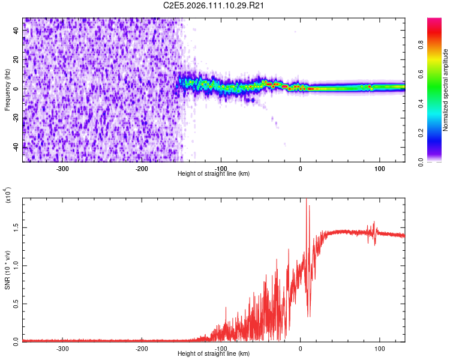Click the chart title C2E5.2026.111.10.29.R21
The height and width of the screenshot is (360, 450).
click(x=214, y=5)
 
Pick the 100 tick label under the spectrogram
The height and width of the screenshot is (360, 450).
click(x=379, y=169)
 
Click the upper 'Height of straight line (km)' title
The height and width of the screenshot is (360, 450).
click(x=214, y=174)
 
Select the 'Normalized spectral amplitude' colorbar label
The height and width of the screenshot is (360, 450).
click(x=445, y=90)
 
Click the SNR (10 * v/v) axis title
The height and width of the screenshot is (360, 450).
click(x=7, y=270)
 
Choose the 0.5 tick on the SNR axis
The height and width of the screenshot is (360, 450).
click(x=16, y=304)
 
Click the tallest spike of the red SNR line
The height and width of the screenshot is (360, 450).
click(x=306, y=200)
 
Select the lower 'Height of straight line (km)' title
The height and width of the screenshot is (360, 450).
click(x=214, y=354)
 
